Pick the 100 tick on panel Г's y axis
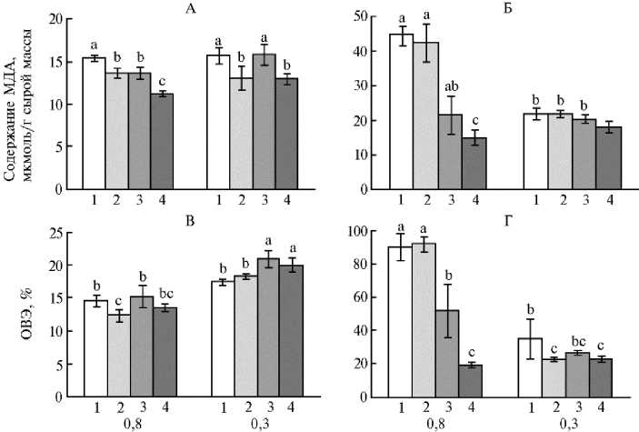[x=359, y=232]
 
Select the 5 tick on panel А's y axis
[x=58, y=147]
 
